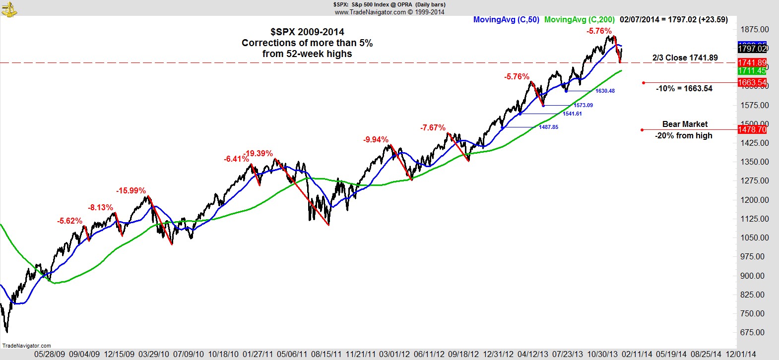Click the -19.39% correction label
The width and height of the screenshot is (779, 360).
tap(259, 154)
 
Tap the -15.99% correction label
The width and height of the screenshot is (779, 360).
tap(131, 191)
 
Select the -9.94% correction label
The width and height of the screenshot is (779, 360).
tap(376, 140)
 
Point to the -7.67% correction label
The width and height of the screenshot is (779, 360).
tap(433, 128)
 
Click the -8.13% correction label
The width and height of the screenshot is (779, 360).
tap(100, 208)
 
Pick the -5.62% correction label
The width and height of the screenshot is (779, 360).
tap(69, 221)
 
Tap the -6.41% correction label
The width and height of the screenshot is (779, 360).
tap(236, 159)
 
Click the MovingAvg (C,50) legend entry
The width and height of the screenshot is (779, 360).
tap(506, 20)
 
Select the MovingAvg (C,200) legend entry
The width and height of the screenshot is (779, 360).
tap(579, 20)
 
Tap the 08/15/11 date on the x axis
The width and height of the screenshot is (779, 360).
tap(326, 355)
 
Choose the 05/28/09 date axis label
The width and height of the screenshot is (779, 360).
tap(50, 355)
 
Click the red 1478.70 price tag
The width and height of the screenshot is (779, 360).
tap(752, 129)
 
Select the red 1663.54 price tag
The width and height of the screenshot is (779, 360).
tap(752, 82)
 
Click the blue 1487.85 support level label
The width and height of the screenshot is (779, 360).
tap(548, 127)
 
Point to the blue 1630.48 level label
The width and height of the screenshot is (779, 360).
tap(605, 91)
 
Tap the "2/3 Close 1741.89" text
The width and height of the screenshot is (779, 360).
tap(685, 58)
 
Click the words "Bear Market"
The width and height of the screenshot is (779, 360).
tap(685, 124)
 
